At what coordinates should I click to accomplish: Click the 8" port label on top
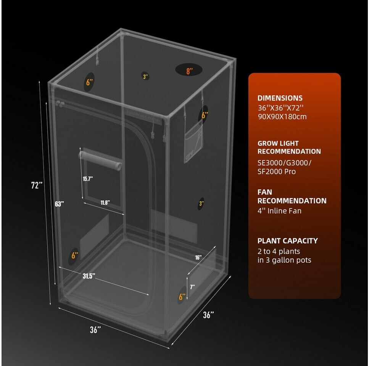tap(190, 71)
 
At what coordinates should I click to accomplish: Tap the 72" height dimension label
tap(37, 185)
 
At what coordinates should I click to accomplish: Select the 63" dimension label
tap(59, 204)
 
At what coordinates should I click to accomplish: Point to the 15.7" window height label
tap(88, 179)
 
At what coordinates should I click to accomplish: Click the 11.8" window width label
tap(105, 202)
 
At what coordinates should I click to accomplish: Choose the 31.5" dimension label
tap(89, 276)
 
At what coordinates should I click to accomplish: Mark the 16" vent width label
tap(198, 257)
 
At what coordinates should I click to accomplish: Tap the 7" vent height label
tap(192, 287)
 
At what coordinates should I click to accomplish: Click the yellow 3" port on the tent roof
tap(145, 77)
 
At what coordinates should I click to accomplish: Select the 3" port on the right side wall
tap(201, 204)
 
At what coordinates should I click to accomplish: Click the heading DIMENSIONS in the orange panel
tap(280, 98)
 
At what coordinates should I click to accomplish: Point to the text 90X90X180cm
tap(282, 117)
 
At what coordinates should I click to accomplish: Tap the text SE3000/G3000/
tap(284, 163)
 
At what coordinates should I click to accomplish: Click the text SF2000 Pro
tap(277, 172)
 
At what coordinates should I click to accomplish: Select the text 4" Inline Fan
tap(279, 211)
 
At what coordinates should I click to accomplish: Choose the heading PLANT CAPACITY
tap(288, 241)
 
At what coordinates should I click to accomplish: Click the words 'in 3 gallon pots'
tap(284, 260)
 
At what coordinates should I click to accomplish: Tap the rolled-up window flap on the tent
tap(100, 160)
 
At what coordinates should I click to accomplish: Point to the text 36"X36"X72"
tap(280, 108)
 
